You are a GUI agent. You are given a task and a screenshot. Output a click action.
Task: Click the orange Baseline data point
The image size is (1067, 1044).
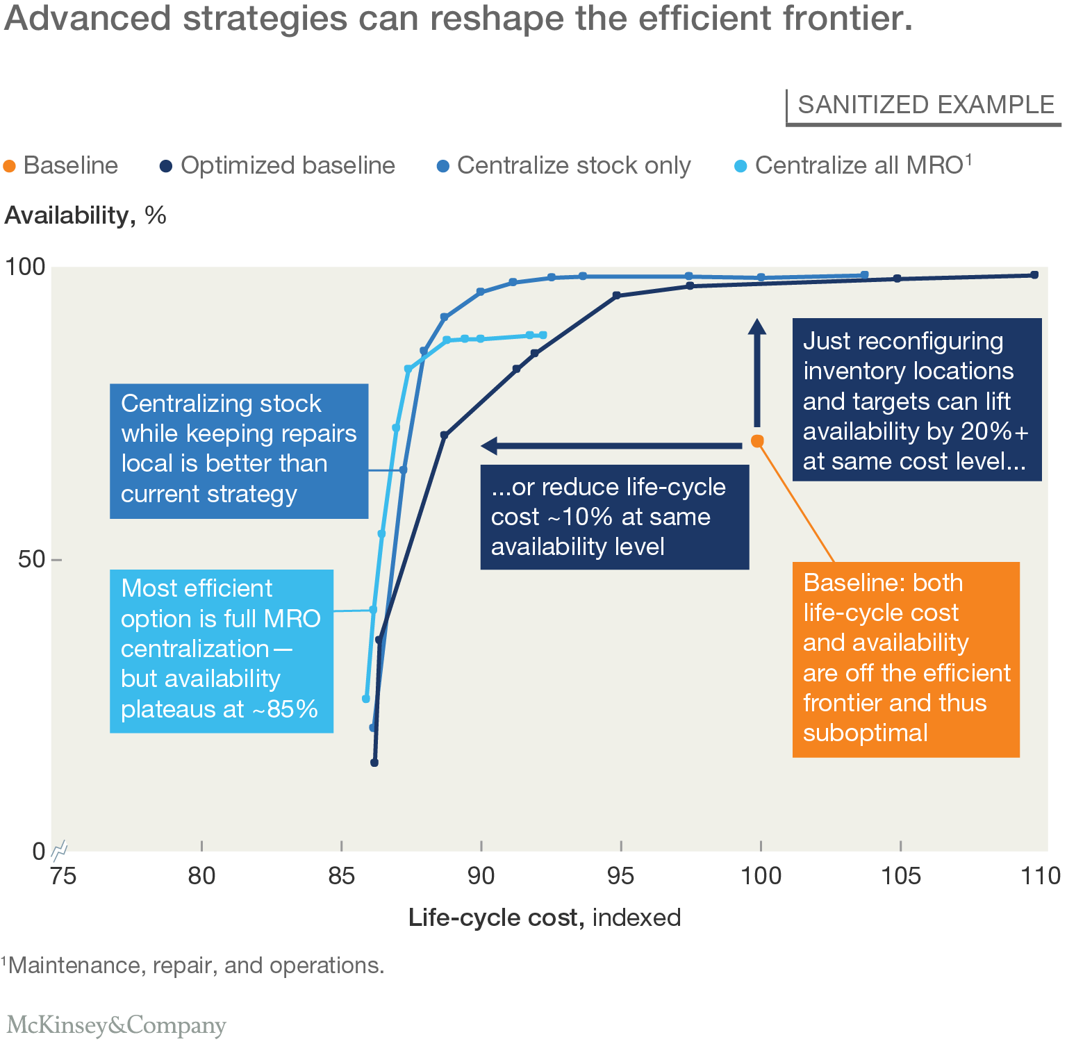pos(757,441)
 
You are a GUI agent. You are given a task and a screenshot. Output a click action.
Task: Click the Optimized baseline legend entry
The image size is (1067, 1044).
pos(277,166)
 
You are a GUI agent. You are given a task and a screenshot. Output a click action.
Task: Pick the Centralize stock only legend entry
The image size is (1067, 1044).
pos(563,166)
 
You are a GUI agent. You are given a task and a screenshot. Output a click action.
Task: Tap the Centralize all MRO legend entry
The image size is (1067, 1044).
pos(853,166)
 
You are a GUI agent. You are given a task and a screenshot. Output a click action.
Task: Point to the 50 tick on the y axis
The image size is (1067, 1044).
pos(31,559)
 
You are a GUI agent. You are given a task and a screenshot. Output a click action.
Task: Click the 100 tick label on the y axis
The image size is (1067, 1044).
pos(25,267)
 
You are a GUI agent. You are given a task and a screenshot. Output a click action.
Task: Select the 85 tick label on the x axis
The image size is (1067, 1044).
pos(341,876)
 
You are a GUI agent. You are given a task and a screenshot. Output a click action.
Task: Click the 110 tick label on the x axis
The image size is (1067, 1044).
pos(1040,876)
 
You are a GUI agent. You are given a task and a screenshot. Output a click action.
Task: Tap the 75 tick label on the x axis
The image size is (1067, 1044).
pos(63,876)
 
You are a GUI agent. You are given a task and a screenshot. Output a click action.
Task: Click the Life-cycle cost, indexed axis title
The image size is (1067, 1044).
pos(544,918)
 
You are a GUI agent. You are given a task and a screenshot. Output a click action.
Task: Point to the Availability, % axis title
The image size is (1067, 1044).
pos(85,215)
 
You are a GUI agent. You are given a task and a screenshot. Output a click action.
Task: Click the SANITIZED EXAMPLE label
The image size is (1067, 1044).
pos(925,105)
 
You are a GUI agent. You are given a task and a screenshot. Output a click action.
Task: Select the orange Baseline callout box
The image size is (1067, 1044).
pos(906,658)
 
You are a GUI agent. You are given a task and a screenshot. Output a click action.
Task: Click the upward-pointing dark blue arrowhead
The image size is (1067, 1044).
pos(757,326)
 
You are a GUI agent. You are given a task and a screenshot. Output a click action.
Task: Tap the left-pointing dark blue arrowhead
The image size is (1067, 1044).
pos(489,445)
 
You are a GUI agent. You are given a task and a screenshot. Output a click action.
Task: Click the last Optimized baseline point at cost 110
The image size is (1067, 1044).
pos(1034,275)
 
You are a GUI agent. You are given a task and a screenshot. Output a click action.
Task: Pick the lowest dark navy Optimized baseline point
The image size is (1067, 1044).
pos(374,763)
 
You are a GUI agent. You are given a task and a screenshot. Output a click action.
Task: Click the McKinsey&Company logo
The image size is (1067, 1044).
pos(117,1025)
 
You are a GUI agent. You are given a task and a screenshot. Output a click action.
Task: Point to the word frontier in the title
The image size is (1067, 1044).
pos(847,19)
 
